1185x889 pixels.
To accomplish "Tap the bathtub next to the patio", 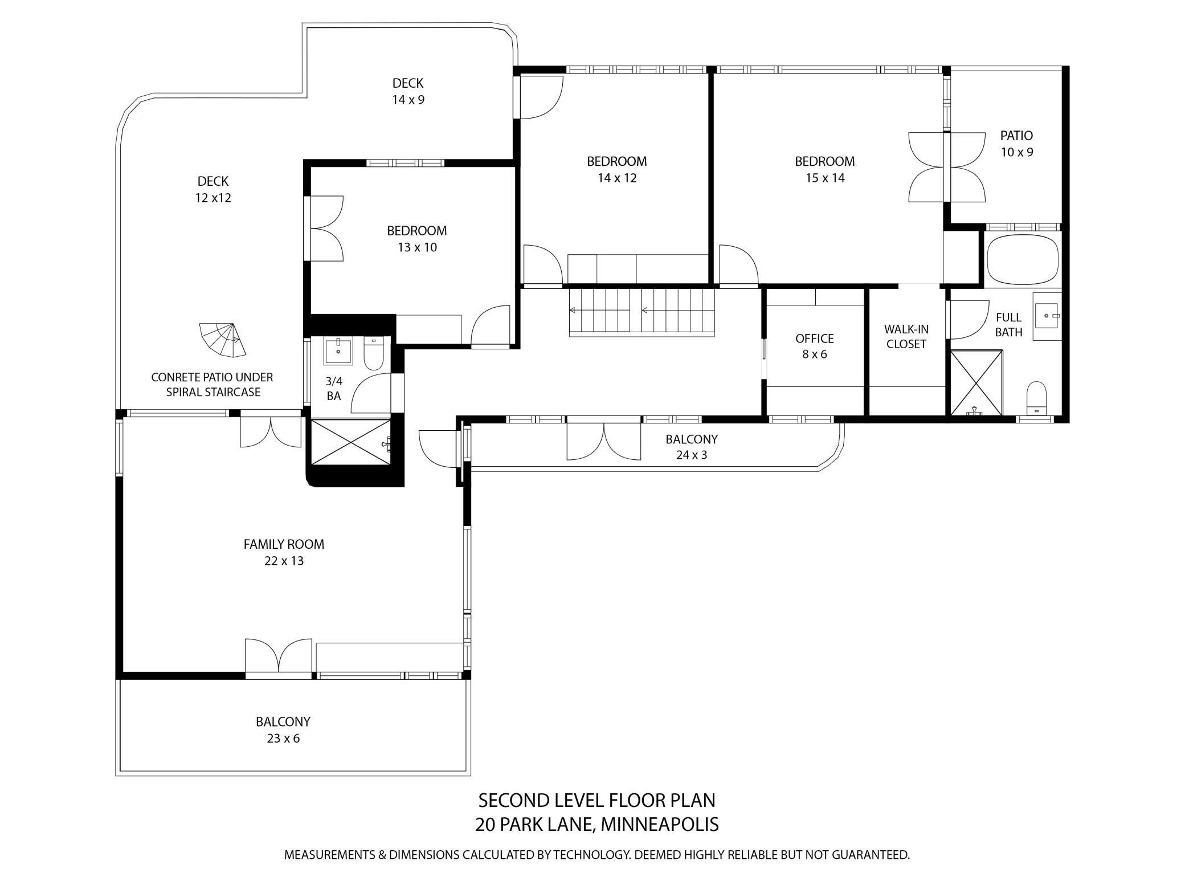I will point(1022,260).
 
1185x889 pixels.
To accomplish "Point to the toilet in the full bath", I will point(1036,397).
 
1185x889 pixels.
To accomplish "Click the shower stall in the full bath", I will point(976,382).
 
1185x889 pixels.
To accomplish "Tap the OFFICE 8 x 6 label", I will point(814,346).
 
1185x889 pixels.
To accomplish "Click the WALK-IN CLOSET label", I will point(906,336).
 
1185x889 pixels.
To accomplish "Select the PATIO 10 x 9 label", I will point(1016,144).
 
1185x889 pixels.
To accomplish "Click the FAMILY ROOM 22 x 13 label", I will point(284,552).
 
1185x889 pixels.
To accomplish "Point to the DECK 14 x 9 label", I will point(408,91).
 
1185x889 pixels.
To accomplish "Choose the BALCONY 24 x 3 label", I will point(691,447).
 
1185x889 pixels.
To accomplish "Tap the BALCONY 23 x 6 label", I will point(283,729).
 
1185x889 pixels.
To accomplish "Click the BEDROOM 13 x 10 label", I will point(416,239).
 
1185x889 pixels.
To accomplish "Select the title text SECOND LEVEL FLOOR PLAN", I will point(596,800).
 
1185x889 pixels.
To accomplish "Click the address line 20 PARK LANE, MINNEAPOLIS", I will point(596,824).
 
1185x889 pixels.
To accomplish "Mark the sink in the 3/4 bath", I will point(338,350).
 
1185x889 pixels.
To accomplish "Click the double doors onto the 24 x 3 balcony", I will point(604,440).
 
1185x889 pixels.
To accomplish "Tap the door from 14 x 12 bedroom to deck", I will point(538,98).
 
